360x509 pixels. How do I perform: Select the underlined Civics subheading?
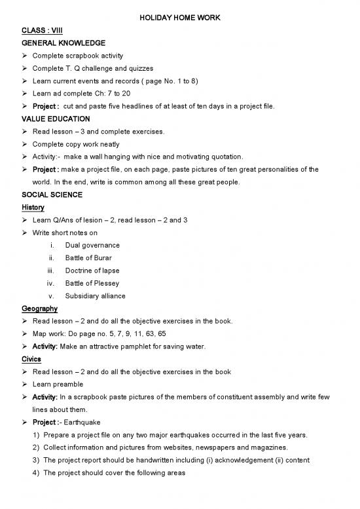point(29,359)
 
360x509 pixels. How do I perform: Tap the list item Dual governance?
point(92,246)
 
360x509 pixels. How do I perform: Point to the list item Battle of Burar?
point(89,258)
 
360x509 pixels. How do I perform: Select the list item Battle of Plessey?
point(91,283)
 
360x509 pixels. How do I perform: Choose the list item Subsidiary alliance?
point(96,296)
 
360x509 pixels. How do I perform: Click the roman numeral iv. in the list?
point(50,283)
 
